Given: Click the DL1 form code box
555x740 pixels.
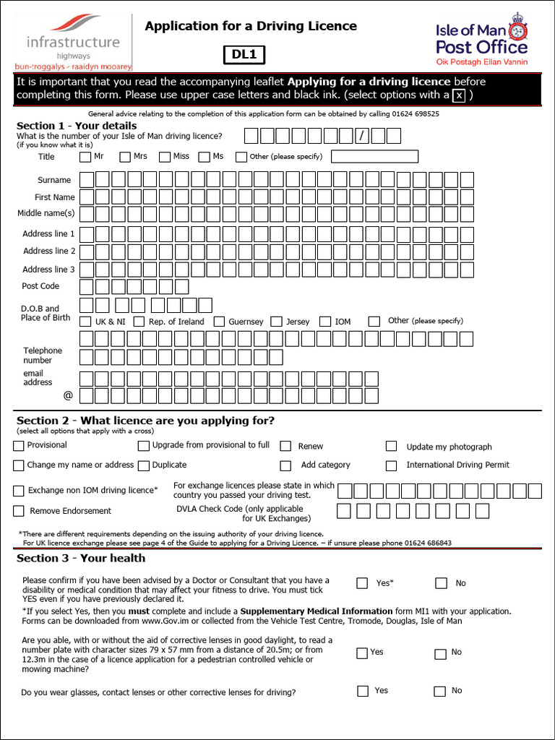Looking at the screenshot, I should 244,53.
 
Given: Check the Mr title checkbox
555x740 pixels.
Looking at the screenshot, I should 85,156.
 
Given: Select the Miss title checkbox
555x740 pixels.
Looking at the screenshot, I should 165,156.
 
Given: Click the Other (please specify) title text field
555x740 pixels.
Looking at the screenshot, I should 374,156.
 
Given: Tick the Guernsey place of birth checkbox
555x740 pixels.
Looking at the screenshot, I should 220,322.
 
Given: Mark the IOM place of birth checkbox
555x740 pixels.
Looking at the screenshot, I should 325,322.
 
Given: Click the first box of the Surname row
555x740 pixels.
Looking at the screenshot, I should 86,179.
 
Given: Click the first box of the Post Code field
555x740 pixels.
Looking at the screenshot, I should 86,287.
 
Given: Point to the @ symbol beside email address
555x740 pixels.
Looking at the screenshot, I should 68,395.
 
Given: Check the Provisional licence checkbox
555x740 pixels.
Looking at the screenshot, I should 19,446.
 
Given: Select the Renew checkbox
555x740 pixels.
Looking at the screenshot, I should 285,447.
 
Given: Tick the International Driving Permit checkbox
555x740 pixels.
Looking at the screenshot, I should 391,465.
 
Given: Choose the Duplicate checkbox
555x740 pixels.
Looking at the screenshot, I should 144,465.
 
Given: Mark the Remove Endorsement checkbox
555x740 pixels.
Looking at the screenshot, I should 19,511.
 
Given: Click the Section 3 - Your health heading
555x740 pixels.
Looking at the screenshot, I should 81,558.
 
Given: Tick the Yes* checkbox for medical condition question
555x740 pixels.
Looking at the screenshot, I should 362,583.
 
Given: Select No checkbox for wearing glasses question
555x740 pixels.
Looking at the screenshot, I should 439,692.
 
